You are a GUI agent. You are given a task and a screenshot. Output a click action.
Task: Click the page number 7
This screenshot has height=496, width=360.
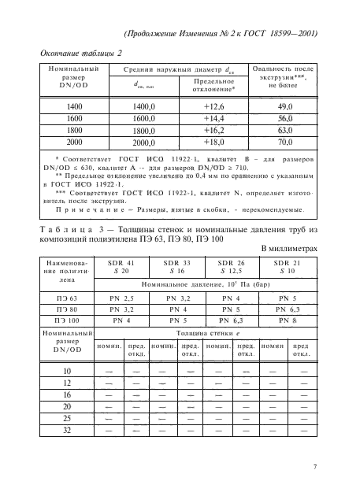314,467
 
